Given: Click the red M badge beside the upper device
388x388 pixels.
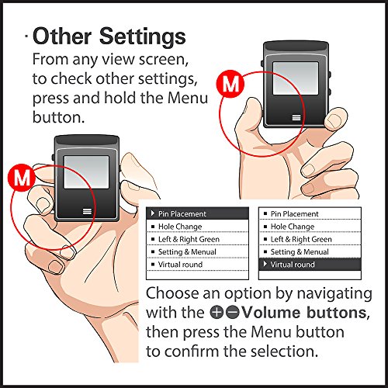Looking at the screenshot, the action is point(230,84).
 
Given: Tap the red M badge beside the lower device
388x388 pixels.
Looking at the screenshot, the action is point(22,178).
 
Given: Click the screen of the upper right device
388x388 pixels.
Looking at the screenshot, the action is point(296,78).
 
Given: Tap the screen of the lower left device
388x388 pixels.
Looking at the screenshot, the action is point(86,172).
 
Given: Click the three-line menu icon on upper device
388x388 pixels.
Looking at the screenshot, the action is point(296,118).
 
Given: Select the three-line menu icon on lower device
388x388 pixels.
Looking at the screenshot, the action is point(87,211).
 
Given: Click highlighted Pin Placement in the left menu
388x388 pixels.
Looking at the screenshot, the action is point(182,214).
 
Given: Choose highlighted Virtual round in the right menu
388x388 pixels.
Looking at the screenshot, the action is point(293,265).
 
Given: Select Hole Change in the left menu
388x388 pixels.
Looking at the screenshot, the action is point(180,227).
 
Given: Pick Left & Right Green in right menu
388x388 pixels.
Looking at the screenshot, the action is point(301,239).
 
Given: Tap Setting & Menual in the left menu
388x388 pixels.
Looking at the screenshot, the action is point(187,252).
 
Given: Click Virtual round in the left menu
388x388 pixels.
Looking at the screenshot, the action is point(180,265).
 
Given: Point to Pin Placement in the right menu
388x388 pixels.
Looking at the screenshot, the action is point(294,214).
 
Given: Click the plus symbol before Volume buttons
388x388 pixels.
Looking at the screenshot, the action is point(217,312).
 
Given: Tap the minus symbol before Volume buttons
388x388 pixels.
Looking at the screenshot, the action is point(233,312).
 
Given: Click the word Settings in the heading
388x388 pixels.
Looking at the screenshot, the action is point(143,37).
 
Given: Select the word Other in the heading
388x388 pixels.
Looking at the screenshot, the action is point(62,36).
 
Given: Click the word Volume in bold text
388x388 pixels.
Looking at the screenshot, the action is point(272,312).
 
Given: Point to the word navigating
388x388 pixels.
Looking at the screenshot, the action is point(334,294).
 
